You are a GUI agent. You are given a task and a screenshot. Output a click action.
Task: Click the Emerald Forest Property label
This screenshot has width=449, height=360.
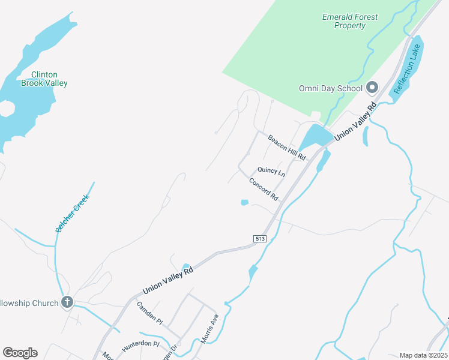pyautogui.click(x=350, y=21)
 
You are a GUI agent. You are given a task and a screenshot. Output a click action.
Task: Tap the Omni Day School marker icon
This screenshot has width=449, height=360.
pyautogui.click(x=372, y=88)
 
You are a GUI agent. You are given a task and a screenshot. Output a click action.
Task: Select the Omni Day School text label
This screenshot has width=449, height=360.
pyautogui.click(x=331, y=89)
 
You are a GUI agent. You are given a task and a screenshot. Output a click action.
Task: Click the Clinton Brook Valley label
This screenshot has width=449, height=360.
pyautogui.click(x=44, y=79)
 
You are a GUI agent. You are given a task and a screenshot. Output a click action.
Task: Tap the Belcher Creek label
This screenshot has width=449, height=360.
pyautogui.click(x=73, y=213)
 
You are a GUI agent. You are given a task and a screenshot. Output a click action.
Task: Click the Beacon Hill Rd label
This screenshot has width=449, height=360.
pyautogui.click(x=287, y=147)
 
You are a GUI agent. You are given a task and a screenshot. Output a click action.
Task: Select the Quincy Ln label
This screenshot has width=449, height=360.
pyautogui.click(x=271, y=171)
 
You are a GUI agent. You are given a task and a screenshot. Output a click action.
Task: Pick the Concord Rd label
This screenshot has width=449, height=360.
pyautogui.click(x=264, y=189)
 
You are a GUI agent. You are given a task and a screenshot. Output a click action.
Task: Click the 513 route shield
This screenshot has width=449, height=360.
pyautogui.click(x=260, y=238)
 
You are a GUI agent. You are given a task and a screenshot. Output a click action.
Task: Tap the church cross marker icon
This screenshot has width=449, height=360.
pyautogui.click(x=67, y=302)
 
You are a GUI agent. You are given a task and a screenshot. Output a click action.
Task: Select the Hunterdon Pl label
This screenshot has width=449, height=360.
pyautogui.click(x=139, y=346)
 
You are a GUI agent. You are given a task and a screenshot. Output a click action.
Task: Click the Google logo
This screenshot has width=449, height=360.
pyautogui.click(x=20, y=353)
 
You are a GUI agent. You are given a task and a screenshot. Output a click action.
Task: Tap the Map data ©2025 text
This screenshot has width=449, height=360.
pyautogui.click(x=423, y=355)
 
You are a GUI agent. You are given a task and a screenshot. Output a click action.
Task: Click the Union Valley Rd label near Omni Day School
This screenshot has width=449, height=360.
pyautogui.click(x=355, y=121)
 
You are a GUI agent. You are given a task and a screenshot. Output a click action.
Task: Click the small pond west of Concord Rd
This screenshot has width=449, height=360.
pyautogui.click(x=244, y=203)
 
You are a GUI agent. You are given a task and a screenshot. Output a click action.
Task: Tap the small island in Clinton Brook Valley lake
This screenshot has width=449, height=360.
pyautogui.click(x=7, y=109)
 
